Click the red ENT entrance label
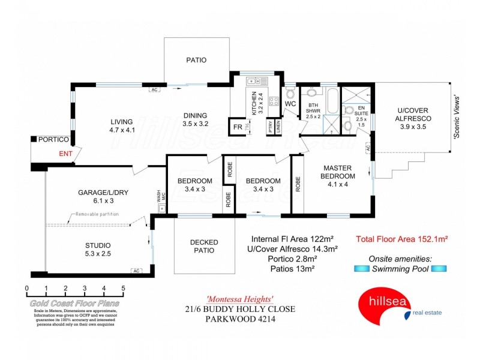click(x=66, y=154)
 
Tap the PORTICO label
click(x=53, y=140)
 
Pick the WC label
click(x=290, y=104)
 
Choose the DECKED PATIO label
click(x=203, y=246)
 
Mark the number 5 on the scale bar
click(x=123, y=289)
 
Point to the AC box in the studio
click(x=136, y=271)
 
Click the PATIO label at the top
click(x=196, y=60)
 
